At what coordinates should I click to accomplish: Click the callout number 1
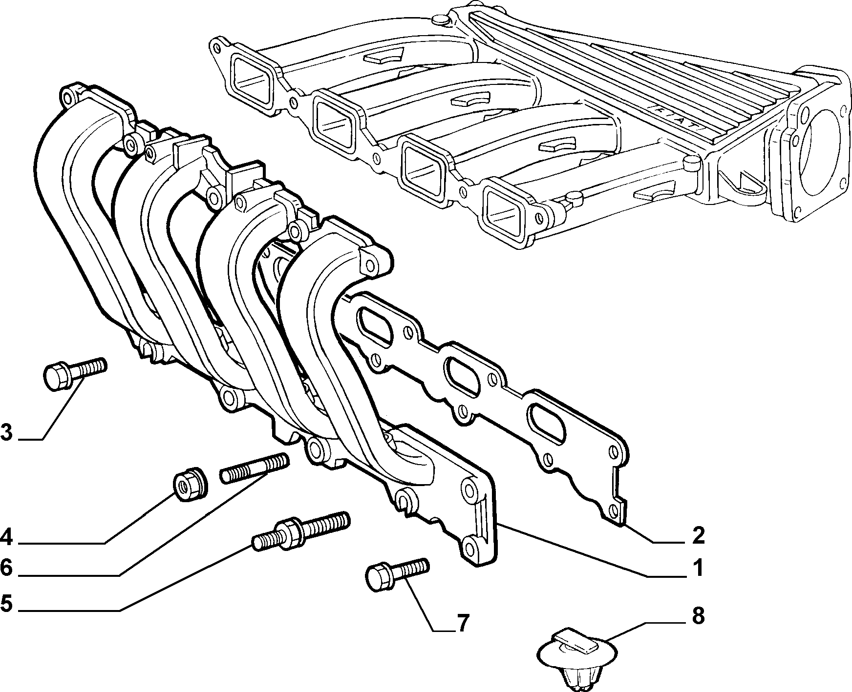[698, 568]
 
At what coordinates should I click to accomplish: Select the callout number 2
[698, 535]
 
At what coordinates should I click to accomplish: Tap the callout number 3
[7, 432]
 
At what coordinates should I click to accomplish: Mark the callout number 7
[462, 623]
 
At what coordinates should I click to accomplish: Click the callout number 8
[698, 616]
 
